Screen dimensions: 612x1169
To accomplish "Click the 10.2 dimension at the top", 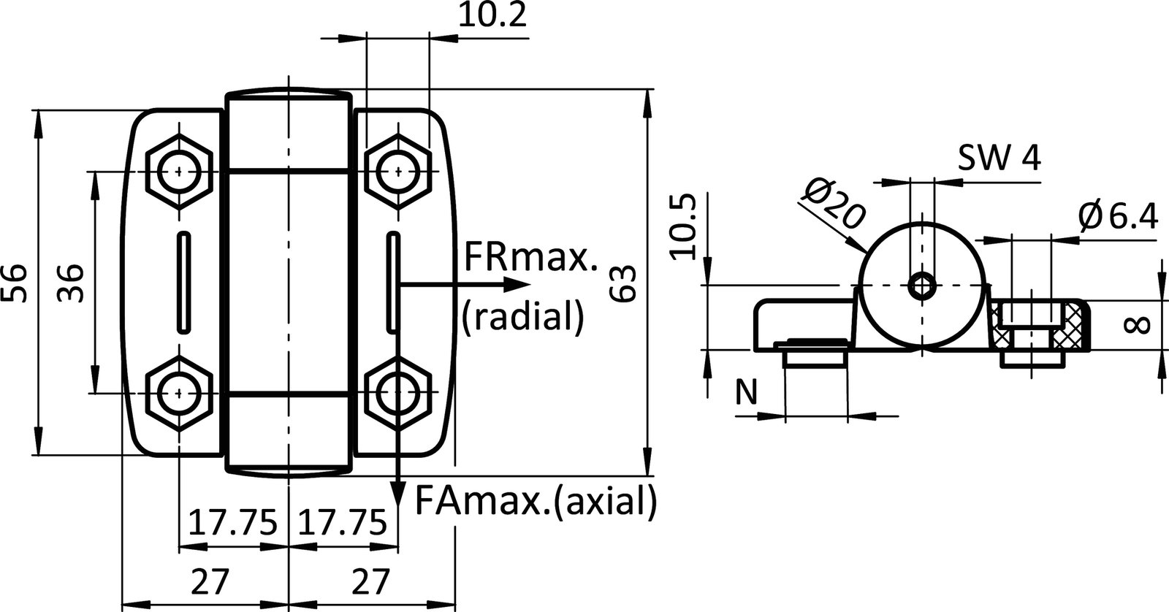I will (x=492, y=17).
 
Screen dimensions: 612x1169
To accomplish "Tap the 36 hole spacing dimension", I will (x=71, y=283).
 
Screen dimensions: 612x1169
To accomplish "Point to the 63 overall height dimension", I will (x=627, y=283).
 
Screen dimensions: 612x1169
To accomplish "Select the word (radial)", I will (x=523, y=316).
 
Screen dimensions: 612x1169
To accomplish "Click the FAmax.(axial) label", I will (x=536, y=502).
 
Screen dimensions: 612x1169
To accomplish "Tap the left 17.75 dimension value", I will (x=233, y=523).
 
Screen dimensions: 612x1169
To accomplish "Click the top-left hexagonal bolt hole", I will (x=178, y=172).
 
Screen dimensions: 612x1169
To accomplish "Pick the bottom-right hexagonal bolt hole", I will (x=397, y=393).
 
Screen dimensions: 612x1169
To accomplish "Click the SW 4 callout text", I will (x=999, y=158).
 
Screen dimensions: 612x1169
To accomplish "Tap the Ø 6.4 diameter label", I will (x=1118, y=216).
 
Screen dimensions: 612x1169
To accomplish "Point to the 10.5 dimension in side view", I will (x=682, y=227).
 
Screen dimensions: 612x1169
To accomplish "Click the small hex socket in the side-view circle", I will (x=922, y=285).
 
